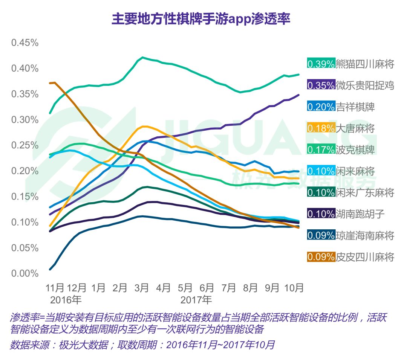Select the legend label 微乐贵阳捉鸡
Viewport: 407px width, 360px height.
click(364, 85)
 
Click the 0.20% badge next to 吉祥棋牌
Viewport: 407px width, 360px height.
click(321, 107)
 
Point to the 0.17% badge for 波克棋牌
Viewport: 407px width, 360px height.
click(321, 150)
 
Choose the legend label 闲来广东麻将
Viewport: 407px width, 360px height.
click(364, 193)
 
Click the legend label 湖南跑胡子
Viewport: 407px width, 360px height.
click(360, 214)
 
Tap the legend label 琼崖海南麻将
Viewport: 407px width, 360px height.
click(364, 236)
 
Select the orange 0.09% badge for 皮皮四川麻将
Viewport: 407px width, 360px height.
click(321, 257)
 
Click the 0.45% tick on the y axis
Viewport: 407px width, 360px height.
click(25, 43)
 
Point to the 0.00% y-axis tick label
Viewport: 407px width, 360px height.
click(25, 273)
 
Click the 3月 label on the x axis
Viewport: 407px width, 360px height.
click(142, 288)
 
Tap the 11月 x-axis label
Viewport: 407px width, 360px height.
click(55, 288)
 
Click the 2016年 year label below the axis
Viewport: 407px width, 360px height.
click(66, 300)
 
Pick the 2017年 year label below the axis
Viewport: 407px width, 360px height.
click(196, 300)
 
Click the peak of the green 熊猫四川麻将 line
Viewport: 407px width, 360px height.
click(142, 57)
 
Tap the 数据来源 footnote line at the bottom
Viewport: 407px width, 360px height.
click(142, 345)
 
